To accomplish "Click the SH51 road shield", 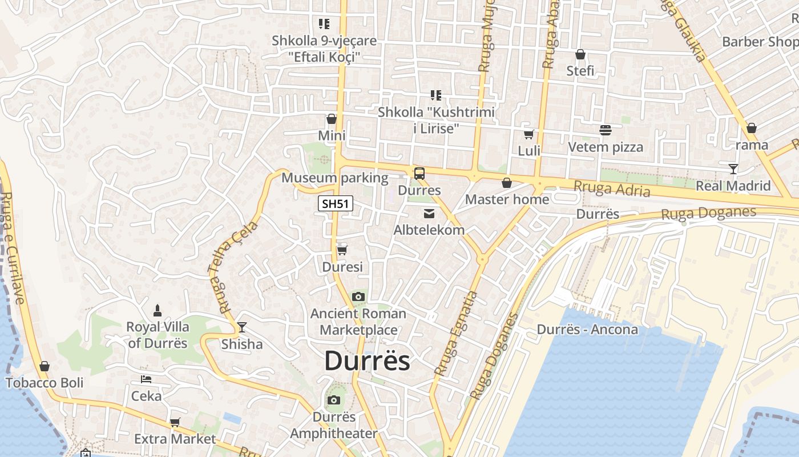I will point(336,204).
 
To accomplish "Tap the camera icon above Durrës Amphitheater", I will point(334,400).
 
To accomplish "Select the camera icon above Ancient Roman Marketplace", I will point(358,296).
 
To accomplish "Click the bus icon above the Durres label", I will point(419,173).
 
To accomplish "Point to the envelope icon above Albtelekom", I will point(429,214).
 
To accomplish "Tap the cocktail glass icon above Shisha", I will point(242,327).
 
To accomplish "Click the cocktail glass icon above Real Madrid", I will point(733,169).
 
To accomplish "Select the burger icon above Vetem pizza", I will point(606,130).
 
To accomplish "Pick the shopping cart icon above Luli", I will point(529,135).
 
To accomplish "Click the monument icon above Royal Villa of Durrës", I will point(158,311).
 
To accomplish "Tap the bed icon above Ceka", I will point(146,379).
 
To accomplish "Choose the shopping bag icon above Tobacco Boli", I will point(45,366).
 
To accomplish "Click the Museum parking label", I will point(335,178).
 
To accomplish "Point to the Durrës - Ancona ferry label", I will point(587,330).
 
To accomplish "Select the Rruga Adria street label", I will point(612,188).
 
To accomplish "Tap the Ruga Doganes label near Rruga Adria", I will point(708,213).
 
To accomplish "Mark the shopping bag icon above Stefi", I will point(580,55).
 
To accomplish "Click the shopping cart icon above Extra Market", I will point(175,423).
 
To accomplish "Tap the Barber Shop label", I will point(760,42).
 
